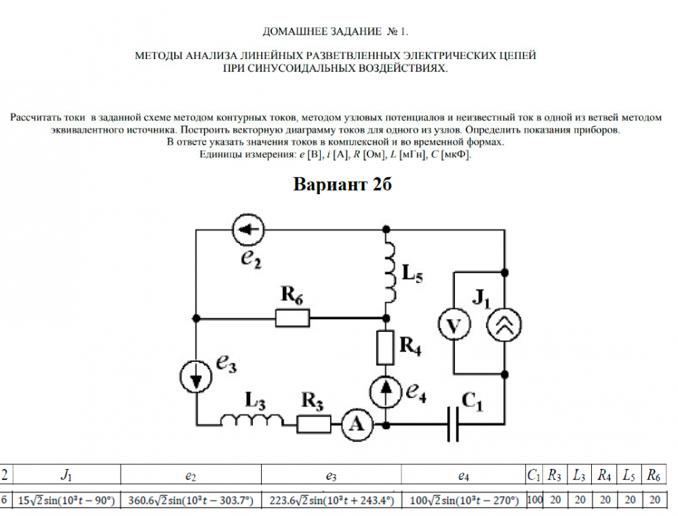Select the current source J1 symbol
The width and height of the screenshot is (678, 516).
505,326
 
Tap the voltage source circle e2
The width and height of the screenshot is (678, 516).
247,230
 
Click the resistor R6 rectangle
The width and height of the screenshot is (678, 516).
292,317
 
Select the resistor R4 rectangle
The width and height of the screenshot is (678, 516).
385,348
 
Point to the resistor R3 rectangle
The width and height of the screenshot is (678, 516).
314,424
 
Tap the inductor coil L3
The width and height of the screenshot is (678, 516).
252,422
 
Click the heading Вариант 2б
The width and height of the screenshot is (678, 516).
343,185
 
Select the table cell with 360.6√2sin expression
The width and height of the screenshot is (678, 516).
191,500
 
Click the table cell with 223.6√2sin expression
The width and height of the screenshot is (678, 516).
331,500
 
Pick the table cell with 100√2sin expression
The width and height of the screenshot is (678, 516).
463,500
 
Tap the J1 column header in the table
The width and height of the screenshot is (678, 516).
66,475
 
